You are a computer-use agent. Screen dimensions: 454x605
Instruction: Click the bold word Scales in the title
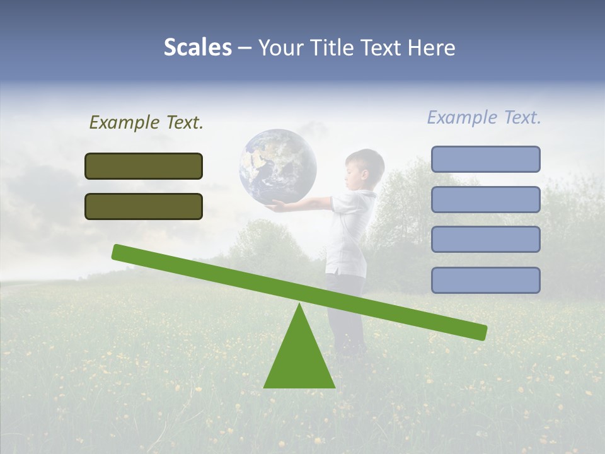click(197, 47)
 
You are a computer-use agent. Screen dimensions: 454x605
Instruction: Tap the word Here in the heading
click(432, 47)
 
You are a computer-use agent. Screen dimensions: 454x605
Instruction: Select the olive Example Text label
click(146, 122)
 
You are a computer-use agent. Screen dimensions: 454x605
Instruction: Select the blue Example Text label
click(484, 117)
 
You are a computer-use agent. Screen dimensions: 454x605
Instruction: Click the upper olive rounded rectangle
click(144, 166)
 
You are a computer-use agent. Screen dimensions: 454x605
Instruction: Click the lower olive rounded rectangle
click(144, 206)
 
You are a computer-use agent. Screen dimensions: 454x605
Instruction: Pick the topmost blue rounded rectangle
click(485, 159)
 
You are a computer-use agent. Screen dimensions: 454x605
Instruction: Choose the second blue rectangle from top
click(485, 199)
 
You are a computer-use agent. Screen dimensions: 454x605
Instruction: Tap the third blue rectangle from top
click(485, 240)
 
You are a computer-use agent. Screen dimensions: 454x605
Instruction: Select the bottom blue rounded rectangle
click(485, 280)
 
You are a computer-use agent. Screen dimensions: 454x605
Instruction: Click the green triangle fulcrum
click(299, 359)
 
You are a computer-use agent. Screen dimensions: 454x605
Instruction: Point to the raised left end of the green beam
click(120, 252)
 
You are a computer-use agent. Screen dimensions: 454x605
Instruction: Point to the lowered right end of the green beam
click(479, 331)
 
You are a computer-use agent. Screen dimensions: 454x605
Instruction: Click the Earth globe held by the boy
click(277, 166)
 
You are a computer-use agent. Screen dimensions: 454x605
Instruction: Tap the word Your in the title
click(280, 47)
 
